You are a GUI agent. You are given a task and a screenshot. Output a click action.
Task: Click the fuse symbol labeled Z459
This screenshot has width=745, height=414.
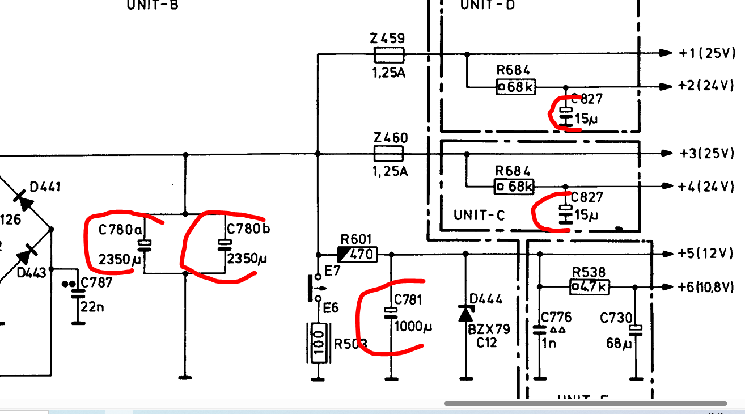389,54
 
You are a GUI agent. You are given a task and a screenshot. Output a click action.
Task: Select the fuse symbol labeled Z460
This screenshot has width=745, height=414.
388,153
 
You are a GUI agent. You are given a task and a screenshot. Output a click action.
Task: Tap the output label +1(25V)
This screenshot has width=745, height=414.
706,53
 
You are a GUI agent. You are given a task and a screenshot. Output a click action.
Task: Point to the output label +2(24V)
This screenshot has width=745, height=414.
706,86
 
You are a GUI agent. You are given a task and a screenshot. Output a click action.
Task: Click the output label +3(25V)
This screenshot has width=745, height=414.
706,153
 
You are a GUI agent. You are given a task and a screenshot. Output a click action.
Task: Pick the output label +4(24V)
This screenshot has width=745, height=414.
706,186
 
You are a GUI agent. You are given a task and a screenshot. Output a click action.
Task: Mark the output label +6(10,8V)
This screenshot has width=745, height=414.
709,287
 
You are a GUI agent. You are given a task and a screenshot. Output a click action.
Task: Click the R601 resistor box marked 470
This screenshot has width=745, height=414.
357,254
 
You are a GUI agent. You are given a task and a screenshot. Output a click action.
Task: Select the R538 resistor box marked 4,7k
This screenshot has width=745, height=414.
589,287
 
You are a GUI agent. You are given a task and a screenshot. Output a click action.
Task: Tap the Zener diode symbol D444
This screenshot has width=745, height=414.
466,312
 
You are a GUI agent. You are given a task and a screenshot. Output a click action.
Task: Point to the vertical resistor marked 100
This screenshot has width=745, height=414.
319,343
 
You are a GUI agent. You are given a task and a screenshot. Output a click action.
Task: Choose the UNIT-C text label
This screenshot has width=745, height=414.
479,216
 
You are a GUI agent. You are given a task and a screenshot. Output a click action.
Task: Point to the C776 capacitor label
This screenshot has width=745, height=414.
556,317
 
